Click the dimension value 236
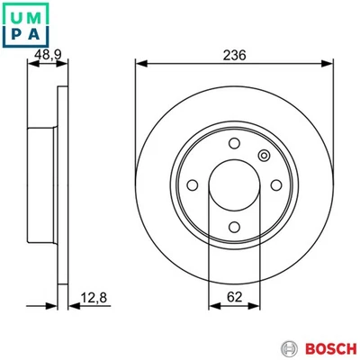pyautogui.click(x=235, y=55)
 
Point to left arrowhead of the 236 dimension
pyautogui.click(x=139, y=64)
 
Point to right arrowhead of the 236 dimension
pyautogui.click(x=330, y=64)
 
